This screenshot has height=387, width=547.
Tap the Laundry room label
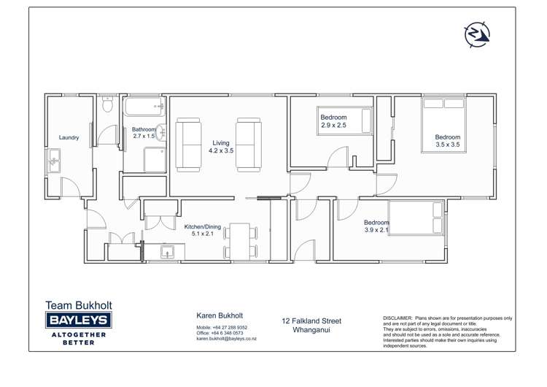[69, 137]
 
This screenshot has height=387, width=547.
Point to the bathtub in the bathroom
[144, 109]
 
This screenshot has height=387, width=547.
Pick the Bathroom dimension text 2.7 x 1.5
[144, 137]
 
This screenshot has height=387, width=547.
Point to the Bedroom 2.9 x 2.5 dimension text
[333, 126]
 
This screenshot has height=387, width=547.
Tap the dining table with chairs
[241, 242]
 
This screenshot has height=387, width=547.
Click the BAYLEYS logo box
[79, 320]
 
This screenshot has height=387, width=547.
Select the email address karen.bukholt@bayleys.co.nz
[226, 339]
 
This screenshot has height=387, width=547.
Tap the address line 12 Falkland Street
[311, 321]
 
